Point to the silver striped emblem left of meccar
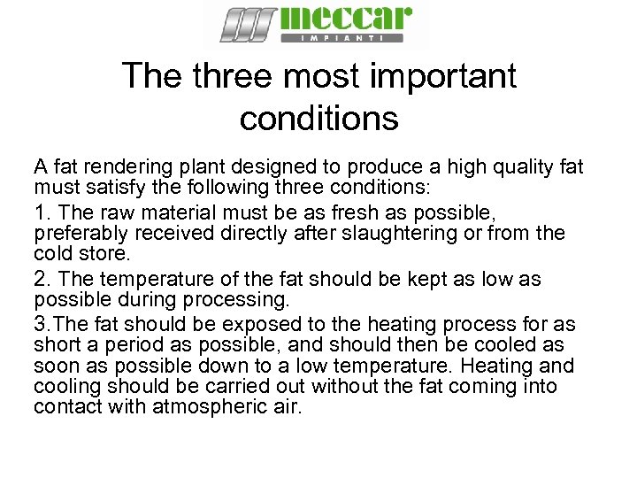[x=249, y=24]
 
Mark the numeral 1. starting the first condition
[x=42, y=212]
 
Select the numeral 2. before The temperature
[x=42, y=280]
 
